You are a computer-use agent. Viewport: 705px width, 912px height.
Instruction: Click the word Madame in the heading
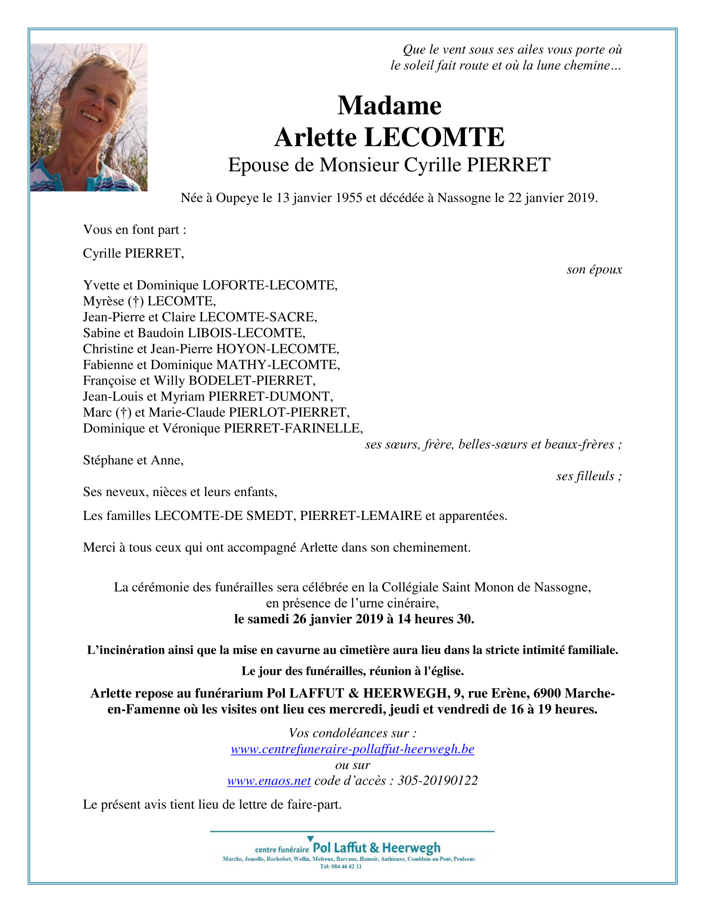pyautogui.click(x=389, y=105)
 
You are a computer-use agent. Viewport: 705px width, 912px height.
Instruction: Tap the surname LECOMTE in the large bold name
pyautogui.click(x=435, y=137)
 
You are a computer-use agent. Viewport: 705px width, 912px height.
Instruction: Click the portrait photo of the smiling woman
pyautogui.click(x=89, y=117)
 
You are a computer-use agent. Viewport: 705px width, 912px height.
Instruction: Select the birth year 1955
pyautogui.click(x=348, y=198)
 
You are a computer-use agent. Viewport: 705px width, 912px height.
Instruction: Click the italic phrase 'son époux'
pyautogui.click(x=594, y=270)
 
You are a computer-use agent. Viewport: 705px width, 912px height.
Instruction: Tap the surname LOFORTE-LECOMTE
pyautogui.click(x=269, y=285)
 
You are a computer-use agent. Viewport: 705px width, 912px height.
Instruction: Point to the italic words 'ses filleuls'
pyautogui.click(x=585, y=476)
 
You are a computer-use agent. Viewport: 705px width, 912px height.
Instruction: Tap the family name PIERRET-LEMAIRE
pyautogui.click(x=361, y=515)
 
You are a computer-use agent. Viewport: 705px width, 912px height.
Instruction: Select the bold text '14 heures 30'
pyautogui.click(x=435, y=619)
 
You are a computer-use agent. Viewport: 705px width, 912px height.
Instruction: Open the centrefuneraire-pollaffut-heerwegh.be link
pyautogui.click(x=352, y=749)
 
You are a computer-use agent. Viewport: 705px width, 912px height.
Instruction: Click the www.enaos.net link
pyautogui.click(x=269, y=781)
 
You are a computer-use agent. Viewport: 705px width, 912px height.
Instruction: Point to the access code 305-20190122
pyautogui.click(x=438, y=781)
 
